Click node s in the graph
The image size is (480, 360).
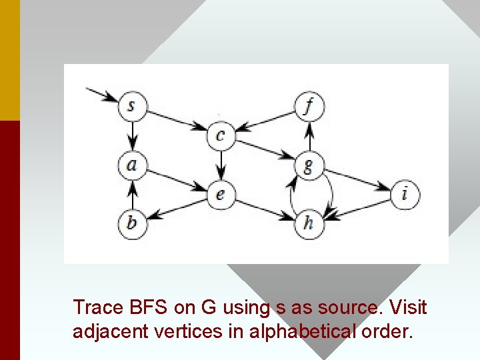(132, 105)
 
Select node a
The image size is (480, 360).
(132, 164)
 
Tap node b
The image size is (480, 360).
(132, 222)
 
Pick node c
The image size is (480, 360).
(221, 135)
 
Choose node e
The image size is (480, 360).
(221, 194)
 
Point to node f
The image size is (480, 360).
(308, 105)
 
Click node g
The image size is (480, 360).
(308, 165)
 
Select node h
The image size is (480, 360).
(308, 223)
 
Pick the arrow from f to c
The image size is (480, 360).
(265, 121)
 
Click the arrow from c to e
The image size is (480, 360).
(221, 165)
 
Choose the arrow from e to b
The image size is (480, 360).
(176, 208)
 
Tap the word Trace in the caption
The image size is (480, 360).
(98, 307)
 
